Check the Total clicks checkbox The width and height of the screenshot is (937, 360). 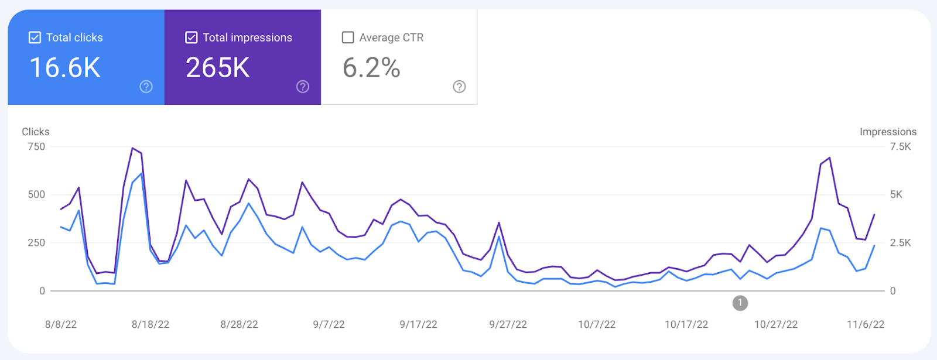point(35,37)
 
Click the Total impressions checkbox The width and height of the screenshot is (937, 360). point(191,37)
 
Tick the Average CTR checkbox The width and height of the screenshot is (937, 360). point(348,37)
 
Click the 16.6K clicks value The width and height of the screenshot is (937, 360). point(65,68)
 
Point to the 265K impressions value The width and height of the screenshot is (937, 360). point(218,68)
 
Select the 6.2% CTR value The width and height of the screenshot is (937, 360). point(371,68)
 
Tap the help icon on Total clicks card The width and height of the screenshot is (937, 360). point(146,87)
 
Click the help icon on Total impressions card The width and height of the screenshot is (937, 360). point(303,87)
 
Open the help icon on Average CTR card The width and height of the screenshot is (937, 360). point(460,87)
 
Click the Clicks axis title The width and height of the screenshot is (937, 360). point(36,132)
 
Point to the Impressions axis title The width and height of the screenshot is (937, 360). point(888,132)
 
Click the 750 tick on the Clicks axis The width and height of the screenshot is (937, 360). point(36,146)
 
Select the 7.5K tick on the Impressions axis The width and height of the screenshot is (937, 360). point(901,146)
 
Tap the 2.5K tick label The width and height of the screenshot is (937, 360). point(901,242)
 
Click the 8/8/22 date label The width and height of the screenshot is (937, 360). point(61,324)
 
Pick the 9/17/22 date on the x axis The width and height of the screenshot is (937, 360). point(418,324)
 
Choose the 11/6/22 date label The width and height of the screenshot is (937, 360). point(866,324)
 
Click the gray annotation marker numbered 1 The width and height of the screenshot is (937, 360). point(740,303)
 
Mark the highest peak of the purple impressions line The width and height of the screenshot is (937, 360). point(132,148)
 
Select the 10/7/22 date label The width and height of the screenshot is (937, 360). point(597,324)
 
